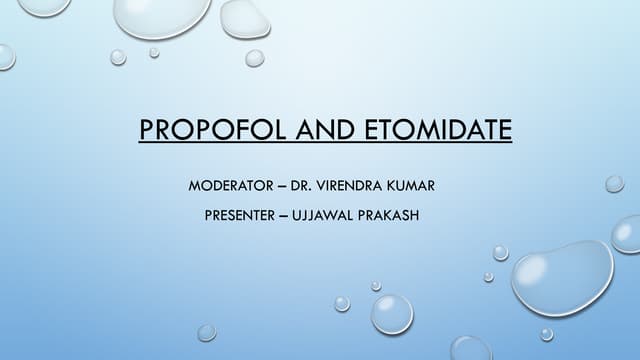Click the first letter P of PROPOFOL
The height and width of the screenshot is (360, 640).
pos(146,130)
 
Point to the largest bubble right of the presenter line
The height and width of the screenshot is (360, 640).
pos(562,276)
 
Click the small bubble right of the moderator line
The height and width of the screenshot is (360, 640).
pos(614,184)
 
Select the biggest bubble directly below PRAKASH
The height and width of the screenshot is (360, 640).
pos(392,313)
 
